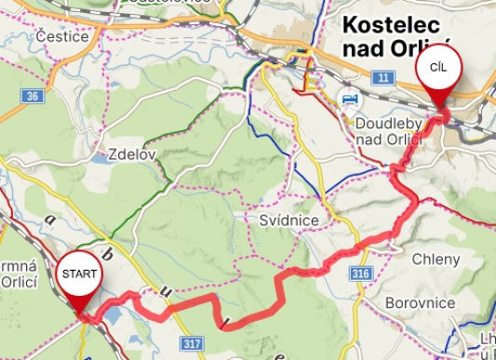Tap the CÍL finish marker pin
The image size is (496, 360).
coord(436,71)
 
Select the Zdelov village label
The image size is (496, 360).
coord(131,154)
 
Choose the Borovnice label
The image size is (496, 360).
coord(420,303)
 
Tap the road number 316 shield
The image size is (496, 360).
coord(362,273)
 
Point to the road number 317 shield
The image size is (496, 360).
coord(192,344)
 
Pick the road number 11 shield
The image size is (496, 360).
coord(382,78)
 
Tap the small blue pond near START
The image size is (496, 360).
coord(111,316)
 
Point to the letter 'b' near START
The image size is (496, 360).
coord(106,253)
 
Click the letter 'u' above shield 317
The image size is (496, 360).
coord(167,291)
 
